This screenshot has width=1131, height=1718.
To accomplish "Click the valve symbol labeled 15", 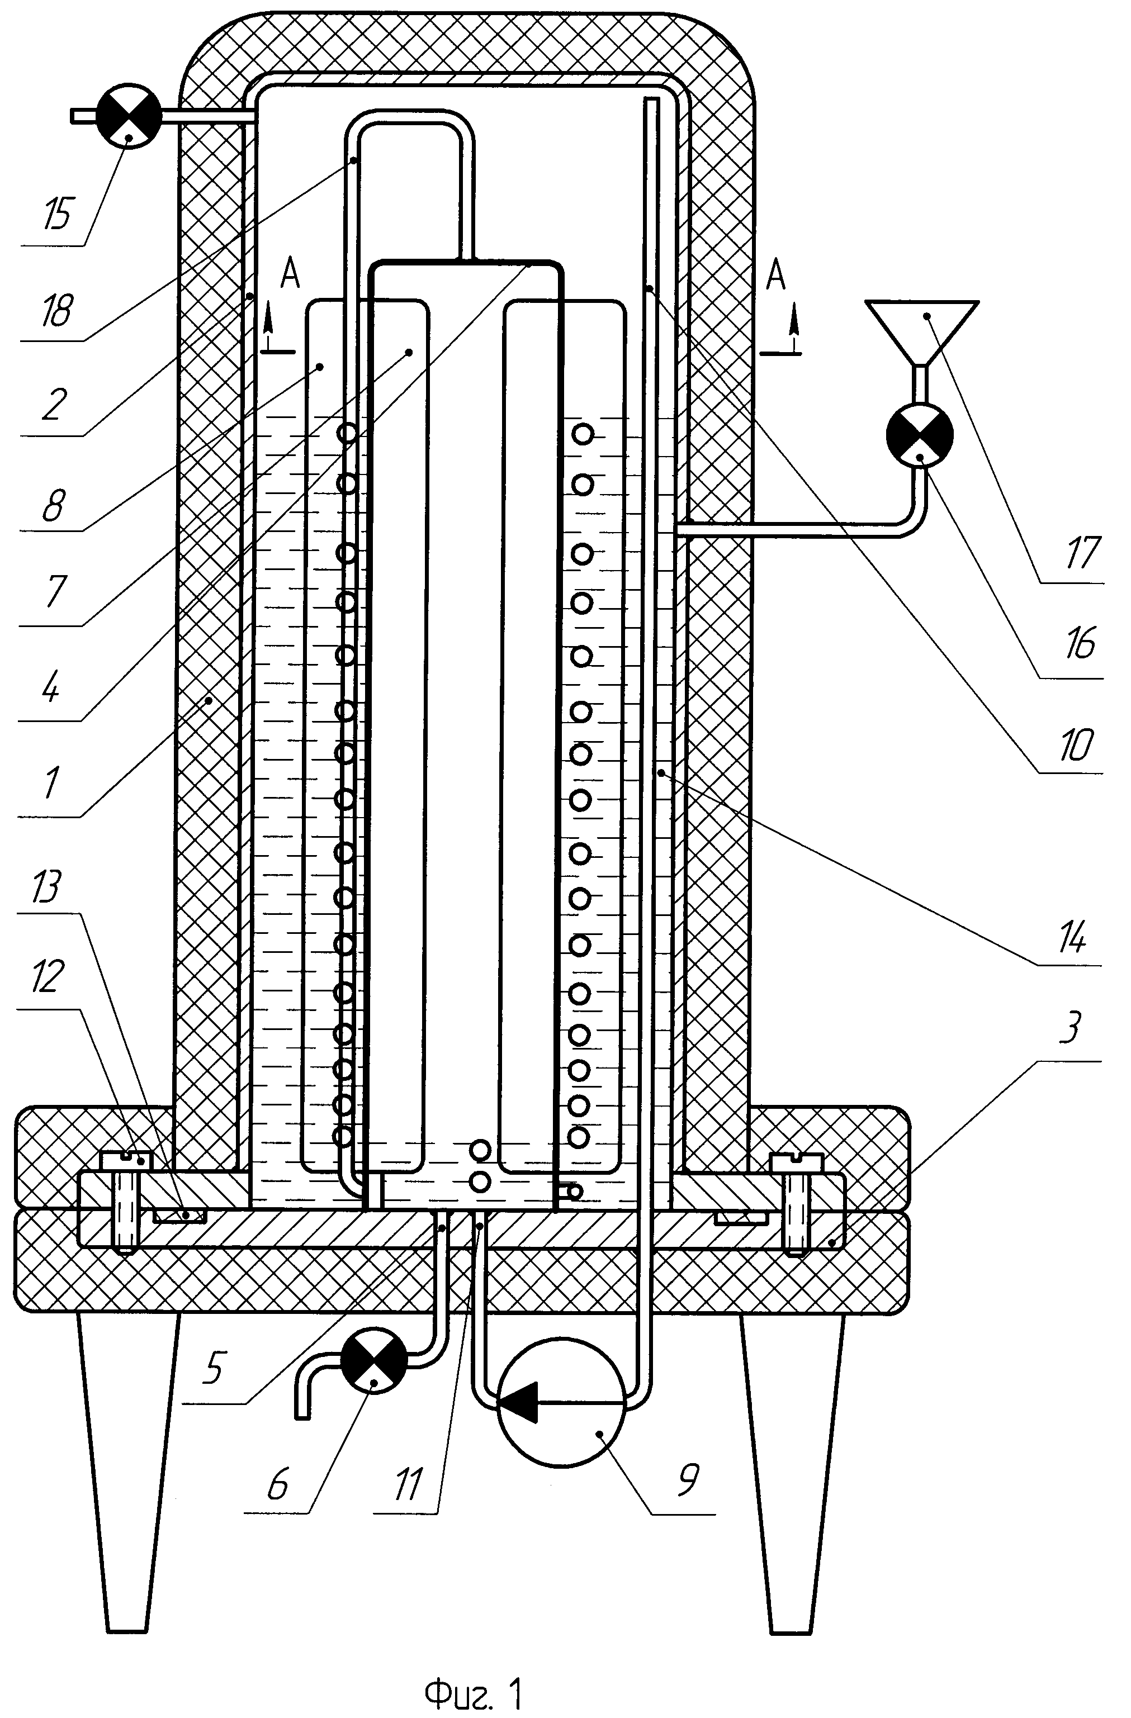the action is point(129,115).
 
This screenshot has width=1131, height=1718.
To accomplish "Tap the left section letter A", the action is point(290,274).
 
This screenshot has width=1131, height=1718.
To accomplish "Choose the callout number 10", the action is point(1075,744).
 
